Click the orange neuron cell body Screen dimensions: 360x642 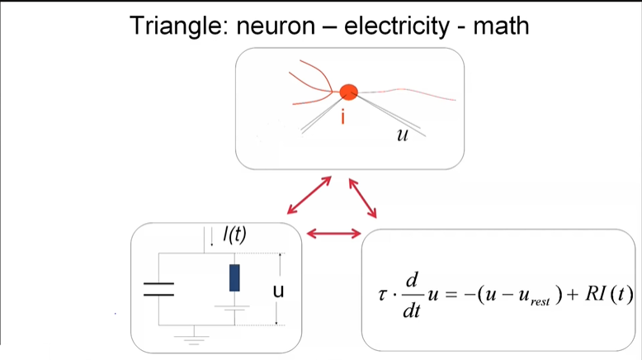348,91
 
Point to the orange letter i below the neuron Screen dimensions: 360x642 342,118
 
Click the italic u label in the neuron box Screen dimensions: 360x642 402,135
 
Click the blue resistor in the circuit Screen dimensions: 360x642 234,278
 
